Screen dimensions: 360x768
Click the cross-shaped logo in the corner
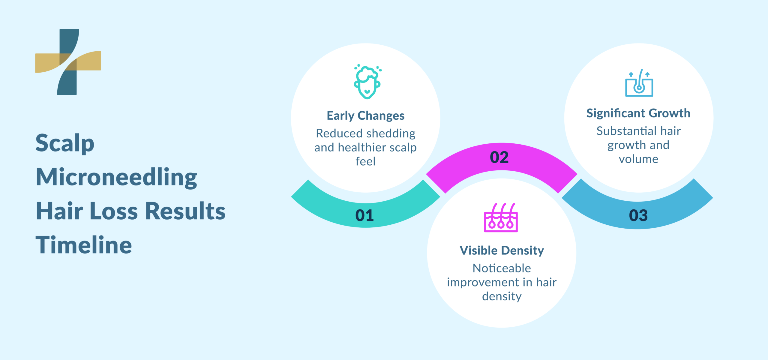tap(68, 62)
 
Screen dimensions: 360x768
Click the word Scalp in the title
tap(65, 143)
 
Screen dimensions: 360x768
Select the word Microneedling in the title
tap(116, 178)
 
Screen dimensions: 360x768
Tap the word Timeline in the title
tap(84, 245)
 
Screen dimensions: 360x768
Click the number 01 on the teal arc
tap(364, 215)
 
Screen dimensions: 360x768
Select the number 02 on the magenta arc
tap(499, 157)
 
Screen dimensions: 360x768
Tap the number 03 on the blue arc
tap(638, 215)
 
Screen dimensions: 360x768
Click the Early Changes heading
tap(365, 116)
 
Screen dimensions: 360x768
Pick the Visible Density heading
tap(502, 250)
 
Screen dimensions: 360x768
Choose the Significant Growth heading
tap(638, 113)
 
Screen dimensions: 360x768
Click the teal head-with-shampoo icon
tap(367, 82)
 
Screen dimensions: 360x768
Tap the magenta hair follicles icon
tap(501, 218)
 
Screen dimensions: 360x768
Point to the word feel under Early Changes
tap(365, 162)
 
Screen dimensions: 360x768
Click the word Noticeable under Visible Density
tap(502, 268)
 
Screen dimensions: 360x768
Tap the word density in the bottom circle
tap(502, 296)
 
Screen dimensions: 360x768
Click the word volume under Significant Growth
tap(638, 159)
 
